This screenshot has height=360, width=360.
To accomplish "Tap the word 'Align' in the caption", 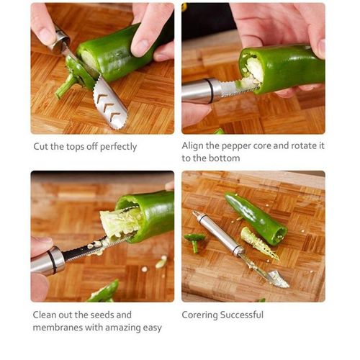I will pos(194,145).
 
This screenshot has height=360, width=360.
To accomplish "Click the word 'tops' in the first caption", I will pos(72,147).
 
